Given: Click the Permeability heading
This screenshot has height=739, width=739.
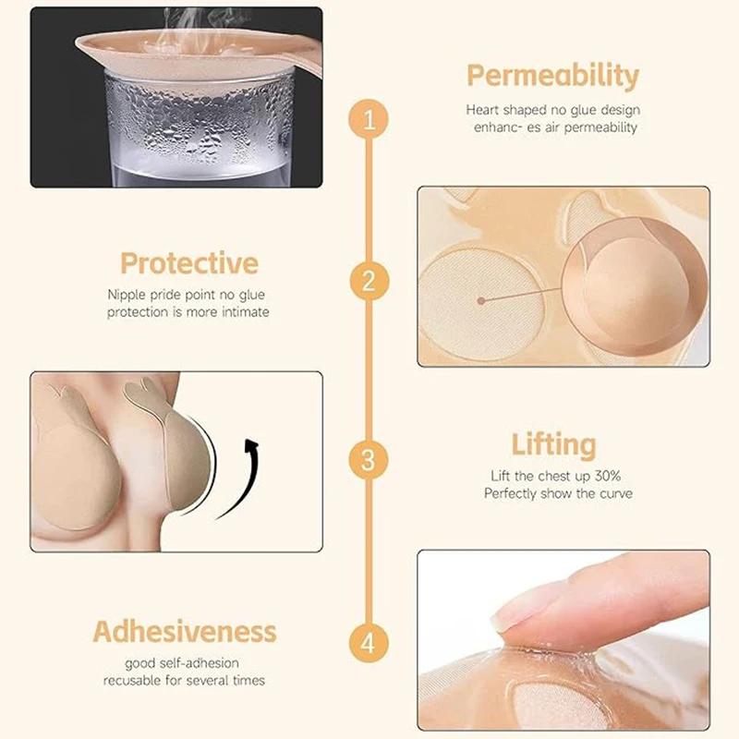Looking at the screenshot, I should [551, 75].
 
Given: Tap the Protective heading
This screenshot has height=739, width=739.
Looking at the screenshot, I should [188, 264].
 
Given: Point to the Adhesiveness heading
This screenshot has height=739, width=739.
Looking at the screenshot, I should [185, 632].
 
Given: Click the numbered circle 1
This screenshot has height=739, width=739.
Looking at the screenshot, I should [368, 121].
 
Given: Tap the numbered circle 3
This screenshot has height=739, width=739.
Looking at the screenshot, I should [368, 458].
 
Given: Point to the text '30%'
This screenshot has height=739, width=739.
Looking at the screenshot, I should [615, 476].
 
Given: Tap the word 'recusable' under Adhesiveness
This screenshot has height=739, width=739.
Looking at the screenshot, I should [137, 681].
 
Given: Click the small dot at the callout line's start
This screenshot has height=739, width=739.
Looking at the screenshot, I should [481, 300].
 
